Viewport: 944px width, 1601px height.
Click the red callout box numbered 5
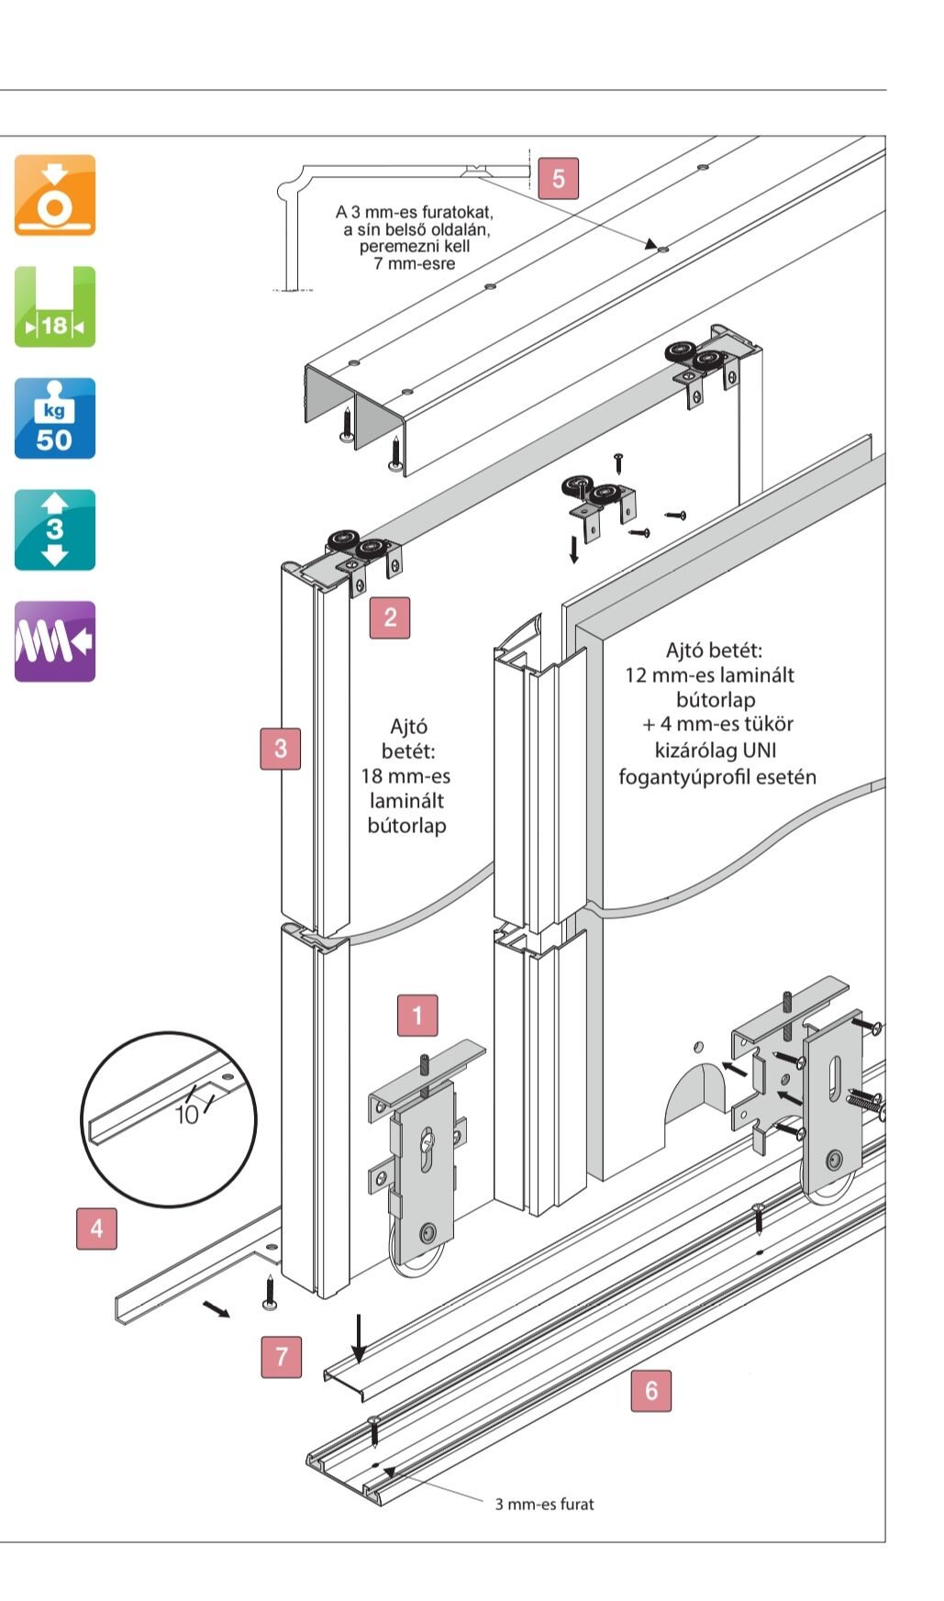tap(558, 178)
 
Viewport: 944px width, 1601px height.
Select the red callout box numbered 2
tap(390, 617)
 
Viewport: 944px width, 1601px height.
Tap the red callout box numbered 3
tap(281, 749)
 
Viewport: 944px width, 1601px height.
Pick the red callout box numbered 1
tap(417, 1016)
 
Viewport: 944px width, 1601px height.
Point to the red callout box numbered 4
tap(97, 1229)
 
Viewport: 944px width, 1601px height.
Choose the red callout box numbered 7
tap(282, 1356)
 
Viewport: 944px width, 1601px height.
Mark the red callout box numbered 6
tap(651, 1390)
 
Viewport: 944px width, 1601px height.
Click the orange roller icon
tap(55, 195)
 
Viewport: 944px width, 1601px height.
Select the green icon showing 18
tap(55, 307)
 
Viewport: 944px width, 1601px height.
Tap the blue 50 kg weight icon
tap(55, 418)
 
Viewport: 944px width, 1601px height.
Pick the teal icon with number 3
tap(55, 530)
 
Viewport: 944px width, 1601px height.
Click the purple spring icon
tap(55, 641)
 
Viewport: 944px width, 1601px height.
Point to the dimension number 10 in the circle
tap(186, 1115)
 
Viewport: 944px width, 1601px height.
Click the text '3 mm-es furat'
tap(544, 1504)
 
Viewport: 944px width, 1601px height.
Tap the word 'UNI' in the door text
tap(759, 750)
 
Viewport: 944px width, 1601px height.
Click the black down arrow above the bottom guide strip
tap(360, 1339)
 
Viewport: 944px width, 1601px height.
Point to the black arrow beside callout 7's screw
tap(217, 1308)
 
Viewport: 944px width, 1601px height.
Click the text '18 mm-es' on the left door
tap(405, 776)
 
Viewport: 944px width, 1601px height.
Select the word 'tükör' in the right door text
tap(768, 724)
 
